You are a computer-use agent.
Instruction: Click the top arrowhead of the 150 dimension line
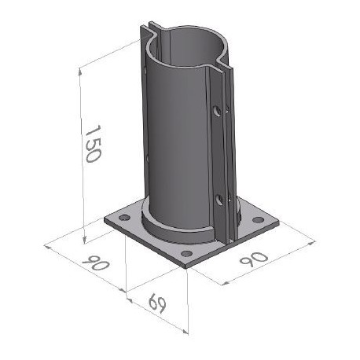click(81, 69)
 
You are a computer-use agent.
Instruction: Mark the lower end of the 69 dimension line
click(189, 330)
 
